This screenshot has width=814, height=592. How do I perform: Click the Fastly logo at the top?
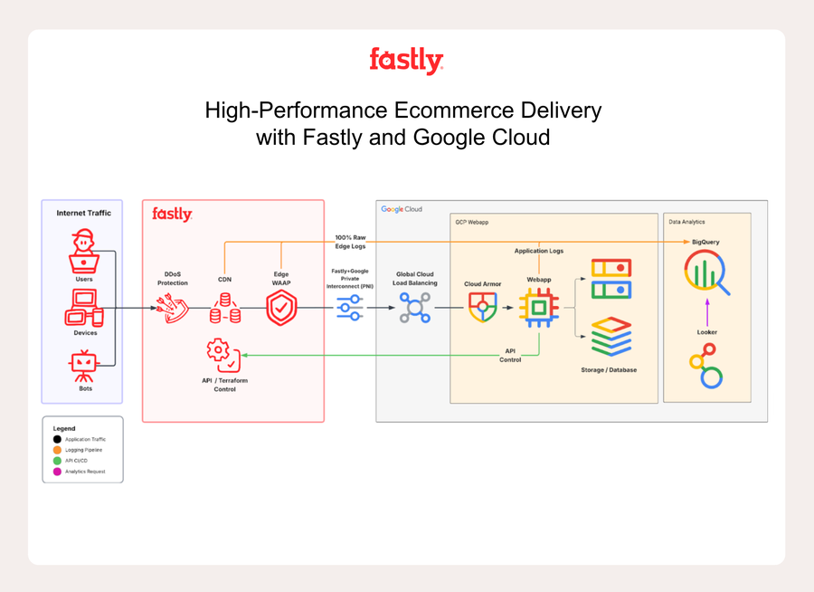point(406,61)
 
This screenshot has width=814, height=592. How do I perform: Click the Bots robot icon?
point(83,364)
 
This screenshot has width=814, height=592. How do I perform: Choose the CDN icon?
point(224,309)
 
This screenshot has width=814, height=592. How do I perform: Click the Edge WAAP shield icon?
point(281,309)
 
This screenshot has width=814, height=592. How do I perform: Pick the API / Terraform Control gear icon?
point(222,354)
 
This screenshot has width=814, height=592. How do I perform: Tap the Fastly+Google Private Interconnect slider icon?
point(350,309)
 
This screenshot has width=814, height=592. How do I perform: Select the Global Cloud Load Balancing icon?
point(415,309)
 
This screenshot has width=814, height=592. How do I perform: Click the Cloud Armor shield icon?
point(482,308)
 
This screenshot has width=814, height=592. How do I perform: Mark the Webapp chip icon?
point(539,309)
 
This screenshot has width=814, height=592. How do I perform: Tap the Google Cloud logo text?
point(402,209)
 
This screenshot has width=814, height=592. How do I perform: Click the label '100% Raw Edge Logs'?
point(350,242)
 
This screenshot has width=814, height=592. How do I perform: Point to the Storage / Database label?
point(608,370)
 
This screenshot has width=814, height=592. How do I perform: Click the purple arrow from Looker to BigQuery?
point(706,313)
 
